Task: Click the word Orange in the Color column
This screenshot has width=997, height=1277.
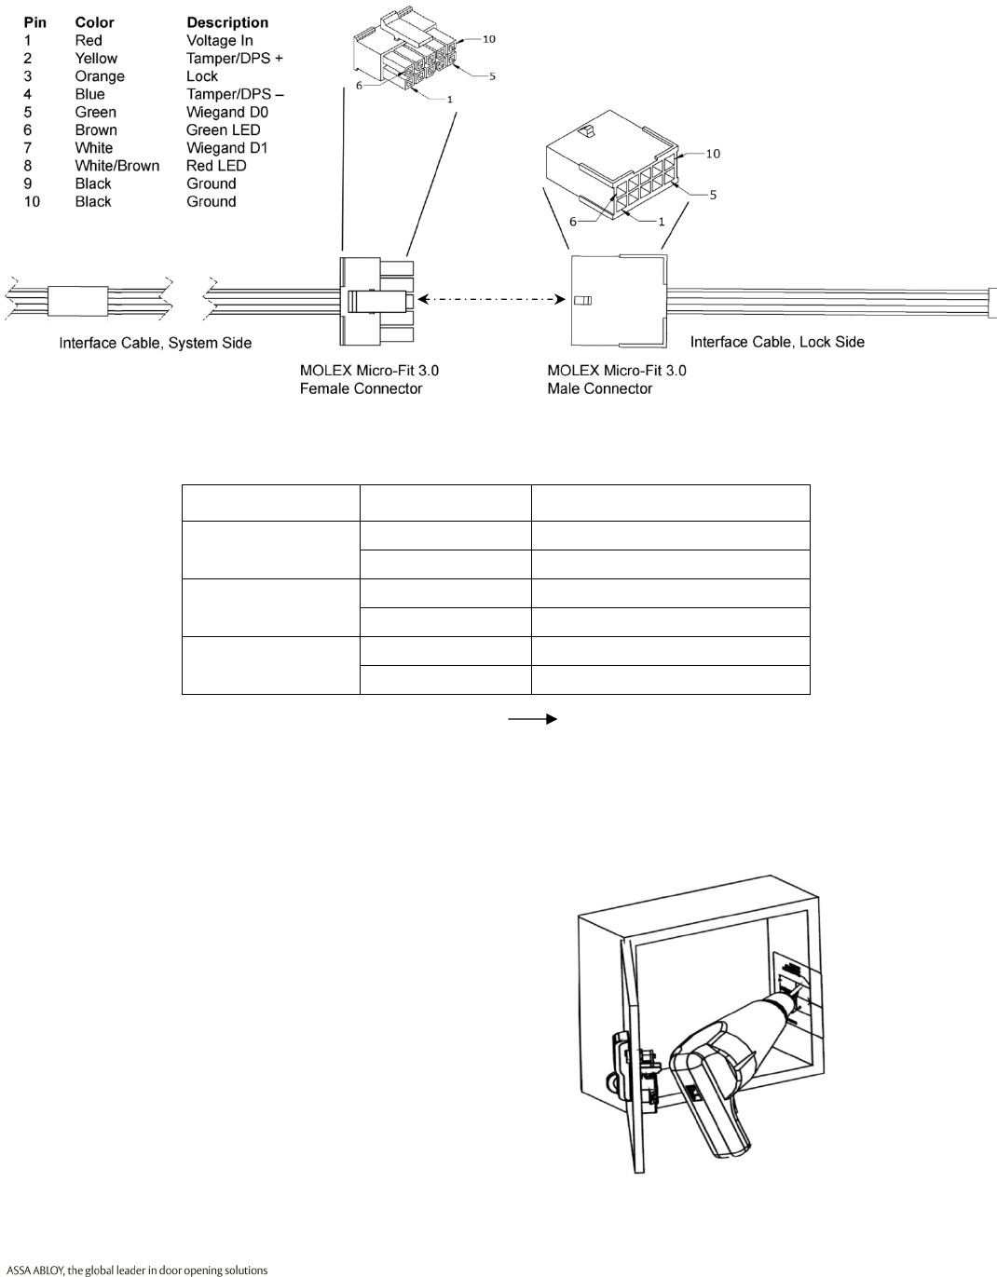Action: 100,76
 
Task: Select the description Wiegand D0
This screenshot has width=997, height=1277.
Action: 227,112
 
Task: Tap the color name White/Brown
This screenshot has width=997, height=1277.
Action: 117,166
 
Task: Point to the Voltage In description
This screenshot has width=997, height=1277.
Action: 220,40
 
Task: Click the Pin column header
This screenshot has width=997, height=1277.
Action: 35,22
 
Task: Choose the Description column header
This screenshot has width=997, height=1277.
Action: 227,22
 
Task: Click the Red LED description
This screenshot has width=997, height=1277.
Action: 216,166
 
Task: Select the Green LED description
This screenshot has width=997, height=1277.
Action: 224,129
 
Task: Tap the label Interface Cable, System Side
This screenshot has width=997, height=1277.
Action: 156,343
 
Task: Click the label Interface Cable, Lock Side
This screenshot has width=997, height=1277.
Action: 777,342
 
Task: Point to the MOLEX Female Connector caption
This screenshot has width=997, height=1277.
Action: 369,379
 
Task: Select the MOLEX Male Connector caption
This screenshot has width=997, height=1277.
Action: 617,379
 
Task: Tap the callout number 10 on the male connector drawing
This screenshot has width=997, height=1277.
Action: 713,154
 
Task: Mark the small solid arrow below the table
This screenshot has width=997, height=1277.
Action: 532,719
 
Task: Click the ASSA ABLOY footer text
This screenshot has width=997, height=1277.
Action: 137,1270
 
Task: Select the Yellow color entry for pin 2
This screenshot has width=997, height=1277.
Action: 96,58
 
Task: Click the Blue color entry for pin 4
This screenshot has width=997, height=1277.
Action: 90,94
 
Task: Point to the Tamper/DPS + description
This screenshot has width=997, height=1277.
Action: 235,58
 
